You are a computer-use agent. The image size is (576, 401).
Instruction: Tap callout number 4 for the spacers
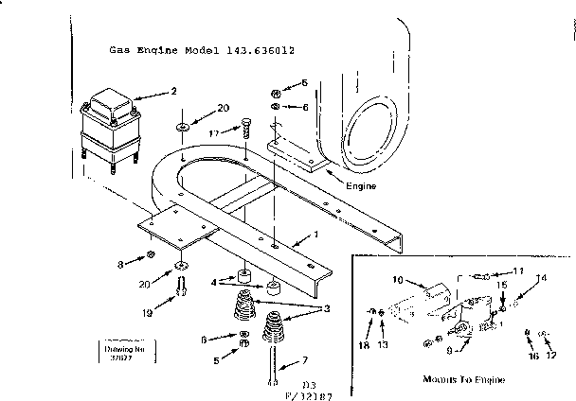(215, 281)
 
